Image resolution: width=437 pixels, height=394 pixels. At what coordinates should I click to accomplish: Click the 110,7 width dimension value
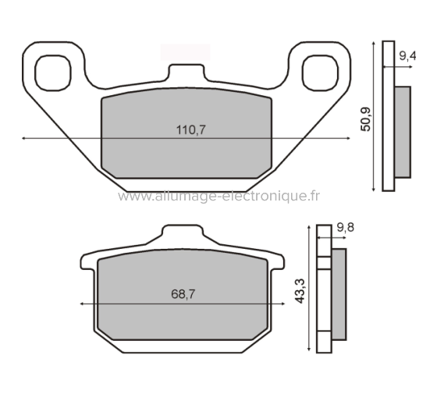(191, 130)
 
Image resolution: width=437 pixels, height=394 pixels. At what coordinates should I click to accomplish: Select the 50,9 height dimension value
(366, 117)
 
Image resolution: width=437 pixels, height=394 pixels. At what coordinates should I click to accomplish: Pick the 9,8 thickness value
(346, 228)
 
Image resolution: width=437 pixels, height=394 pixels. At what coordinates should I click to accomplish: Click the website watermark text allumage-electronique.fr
(218, 197)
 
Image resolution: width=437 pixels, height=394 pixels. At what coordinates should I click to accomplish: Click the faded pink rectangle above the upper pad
(185, 51)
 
